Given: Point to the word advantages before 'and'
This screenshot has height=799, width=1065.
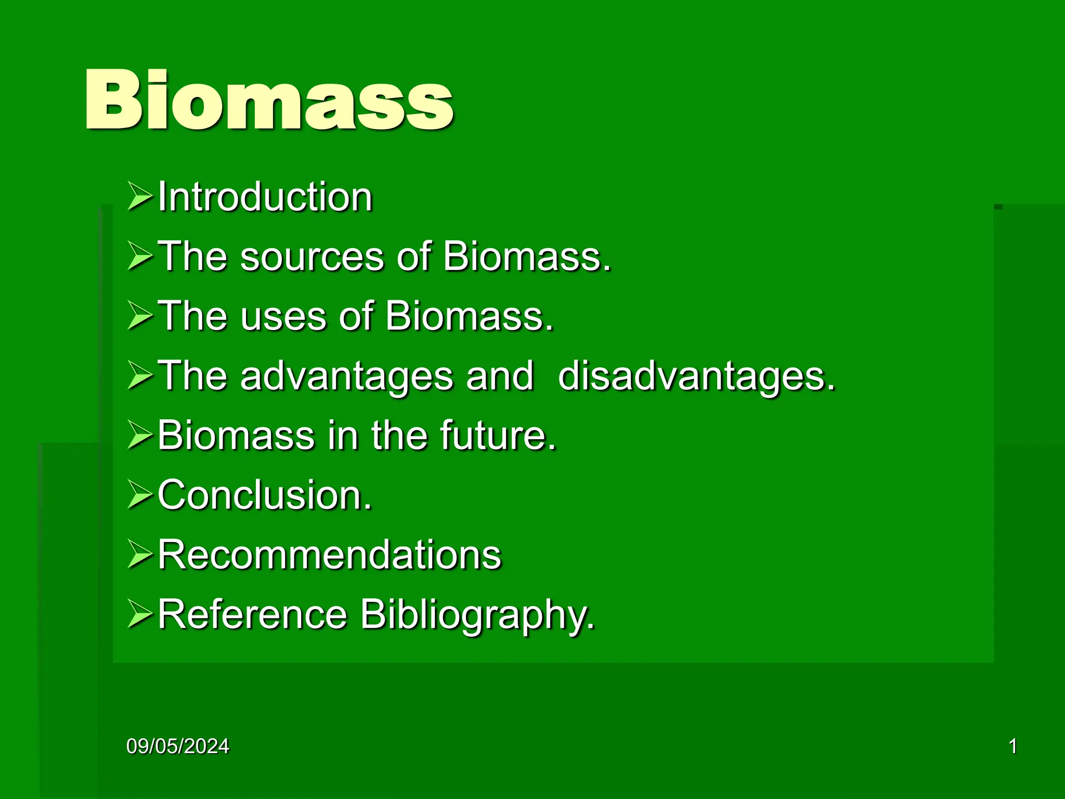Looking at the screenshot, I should click(346, 376).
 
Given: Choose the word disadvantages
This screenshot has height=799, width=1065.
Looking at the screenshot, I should click(696, 376).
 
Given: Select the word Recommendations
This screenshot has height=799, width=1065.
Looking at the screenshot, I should click(329, 554).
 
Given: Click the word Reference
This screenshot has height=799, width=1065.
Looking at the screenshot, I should click(252, 614).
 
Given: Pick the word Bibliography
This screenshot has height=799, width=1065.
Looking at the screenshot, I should click(477, 615).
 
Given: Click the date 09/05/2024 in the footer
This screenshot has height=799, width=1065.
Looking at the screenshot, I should click(178, 746).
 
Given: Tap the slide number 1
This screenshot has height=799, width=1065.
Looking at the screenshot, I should click(1012, 746).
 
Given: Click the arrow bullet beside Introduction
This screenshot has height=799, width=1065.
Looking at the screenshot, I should click(140, 197).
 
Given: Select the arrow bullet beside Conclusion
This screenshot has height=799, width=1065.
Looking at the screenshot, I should click(140, 495).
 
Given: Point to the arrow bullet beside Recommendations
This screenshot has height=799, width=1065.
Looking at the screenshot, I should click(140, 555).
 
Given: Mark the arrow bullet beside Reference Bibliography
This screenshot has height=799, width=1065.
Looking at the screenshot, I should click(140, 614).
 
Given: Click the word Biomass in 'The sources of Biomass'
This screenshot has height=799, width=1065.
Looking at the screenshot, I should click(526, 256).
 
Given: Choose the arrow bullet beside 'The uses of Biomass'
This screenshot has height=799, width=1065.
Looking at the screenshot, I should click(140, 316).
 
